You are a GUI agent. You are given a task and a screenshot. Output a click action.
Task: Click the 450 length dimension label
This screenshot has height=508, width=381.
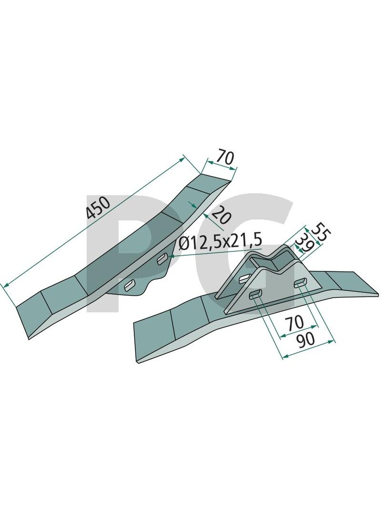pyautogui.click(x=99, y=208)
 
